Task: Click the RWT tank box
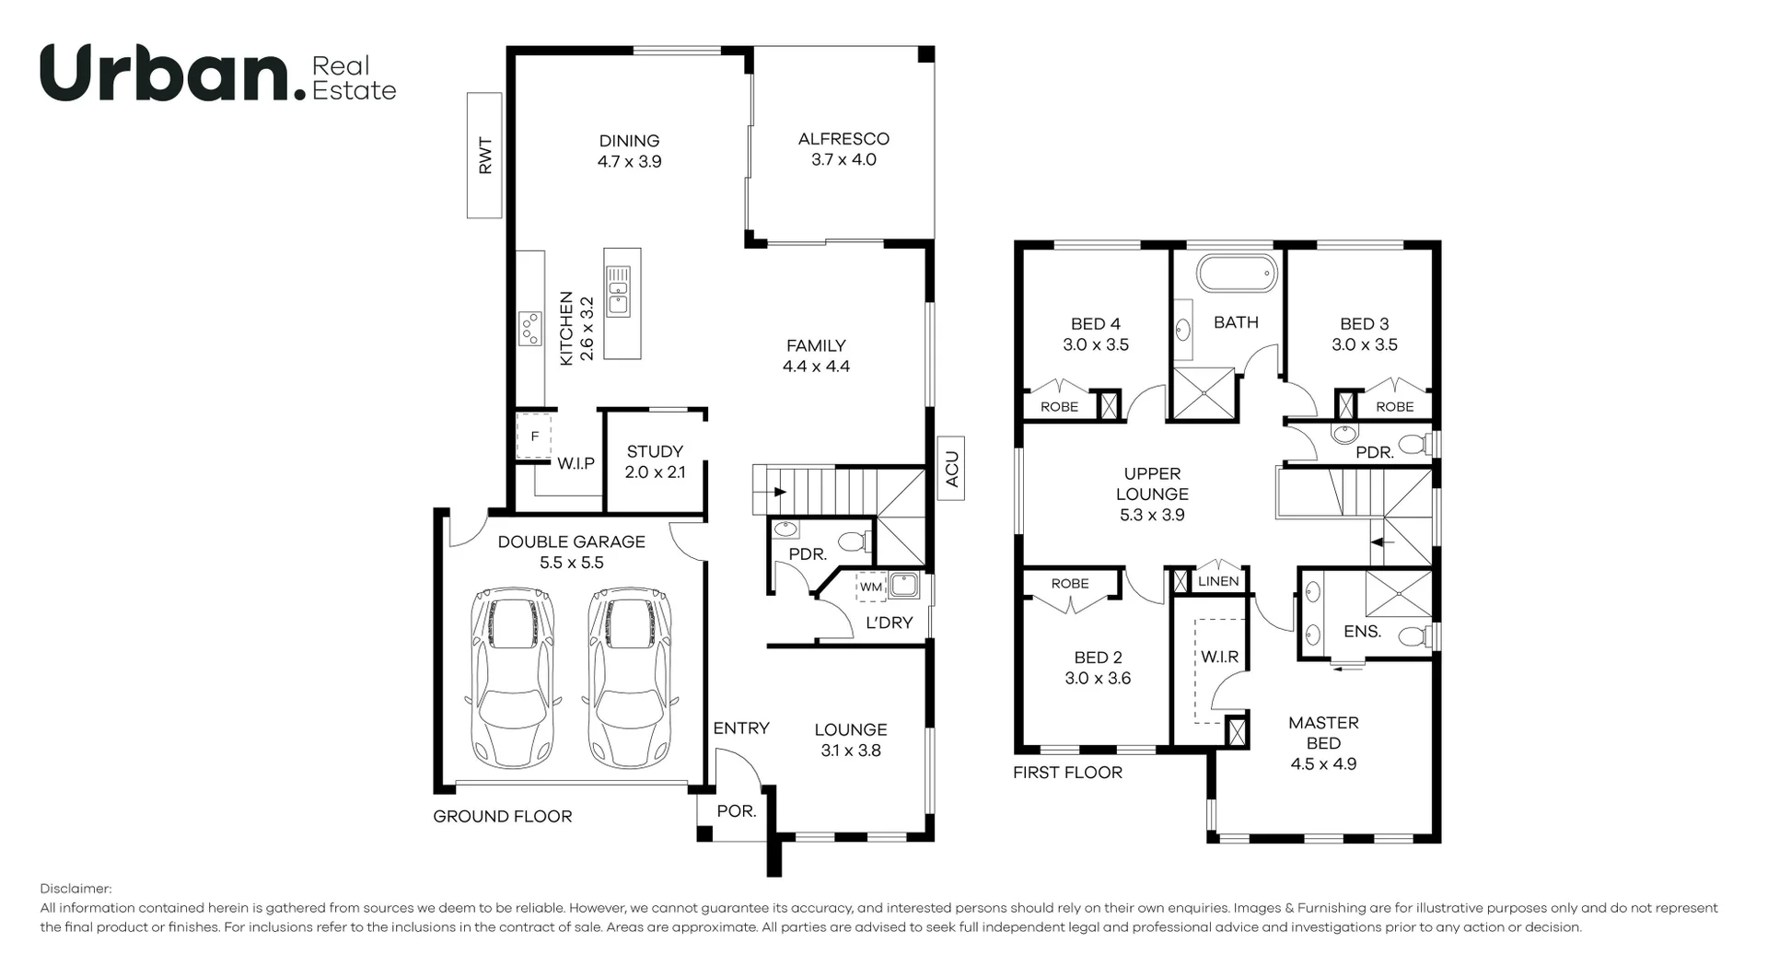click(x=484, y=156)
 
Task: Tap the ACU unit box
click(x=951, y=469)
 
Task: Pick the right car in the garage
click(x=630, y=679)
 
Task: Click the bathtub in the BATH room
click(x=1237, y=274)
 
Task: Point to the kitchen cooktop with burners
click(x=529, y=329)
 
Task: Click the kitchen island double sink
click(x=619, y=290)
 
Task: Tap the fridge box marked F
click(x=533, y=436)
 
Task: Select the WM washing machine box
click(x=870, y=587)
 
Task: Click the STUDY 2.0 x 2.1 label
click(x=655, y=461)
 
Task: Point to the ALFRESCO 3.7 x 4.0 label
click(x=843, y=149)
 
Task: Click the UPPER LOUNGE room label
click(x=1152, y=483)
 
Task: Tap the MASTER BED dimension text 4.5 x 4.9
click(x=1323, y=763)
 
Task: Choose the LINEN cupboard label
click(x=1218, y=581)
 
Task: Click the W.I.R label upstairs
click(x=1219, y=657)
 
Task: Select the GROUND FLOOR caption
click(x=503, y=816)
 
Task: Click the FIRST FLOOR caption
click(x=1067, y=773)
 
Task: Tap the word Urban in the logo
click(x=166, y=74)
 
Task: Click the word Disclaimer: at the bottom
click(x=76, y=889)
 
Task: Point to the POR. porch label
click(x=737, y=811)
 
